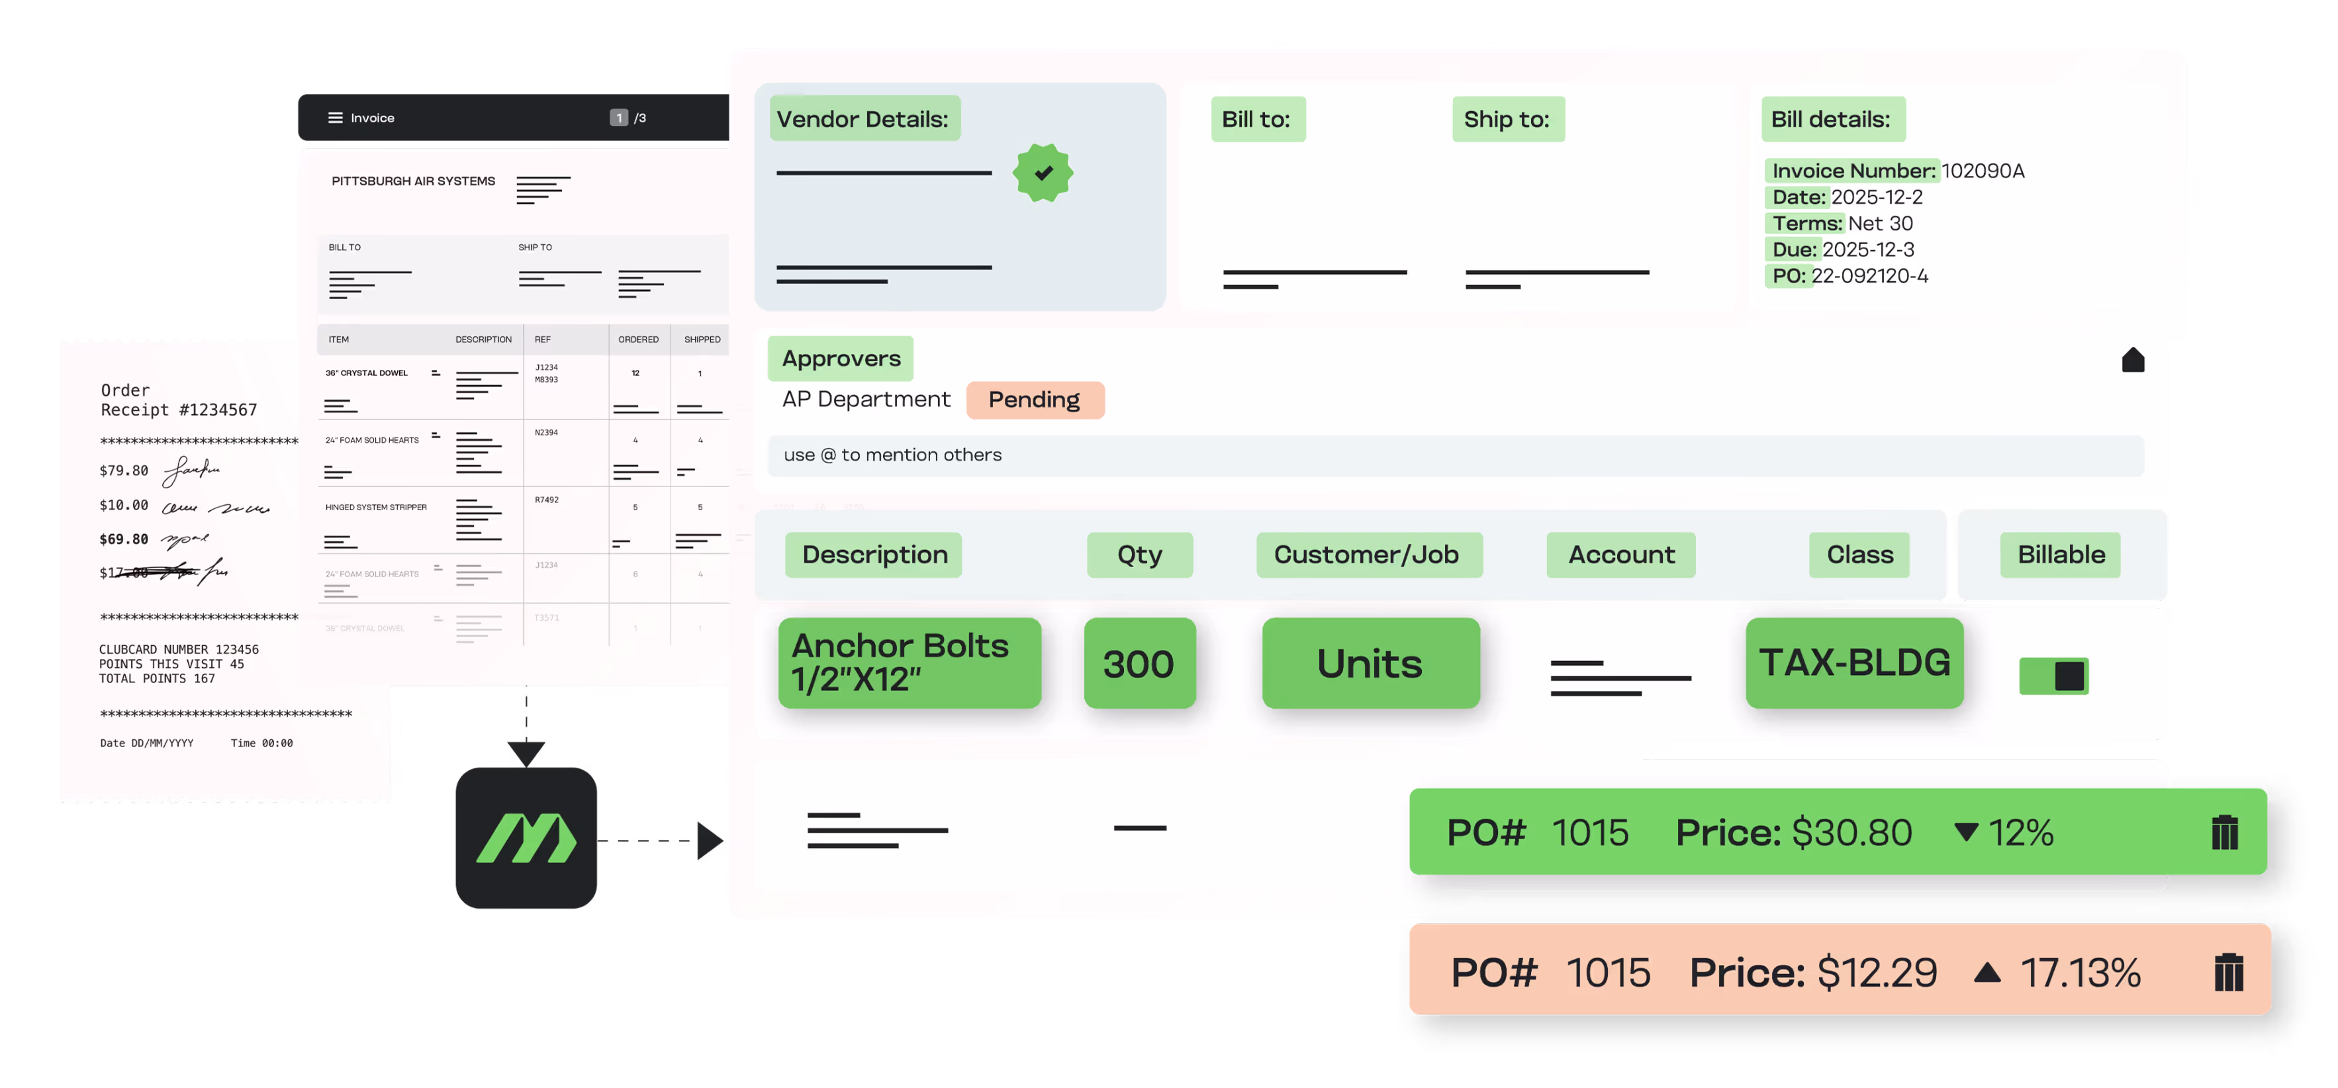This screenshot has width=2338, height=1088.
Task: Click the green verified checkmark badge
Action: click(1043, 173)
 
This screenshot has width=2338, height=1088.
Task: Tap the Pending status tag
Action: click(1035, 400)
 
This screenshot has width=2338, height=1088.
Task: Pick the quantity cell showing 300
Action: click(1139, 663)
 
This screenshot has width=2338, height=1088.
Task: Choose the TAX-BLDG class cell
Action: click(1854, 662)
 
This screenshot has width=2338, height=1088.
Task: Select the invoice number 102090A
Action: click(1983, 171)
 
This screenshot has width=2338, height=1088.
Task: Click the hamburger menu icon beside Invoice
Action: click(335, 118)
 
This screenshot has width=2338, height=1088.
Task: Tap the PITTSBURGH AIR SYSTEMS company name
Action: click(413, 181)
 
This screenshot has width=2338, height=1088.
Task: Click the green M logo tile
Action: click(526, 838)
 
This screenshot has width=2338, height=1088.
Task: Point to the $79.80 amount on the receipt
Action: click(123, 470)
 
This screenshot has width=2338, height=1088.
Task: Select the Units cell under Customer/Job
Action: click(1370, 663)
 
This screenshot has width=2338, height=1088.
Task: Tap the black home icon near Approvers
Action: click(2133, 360)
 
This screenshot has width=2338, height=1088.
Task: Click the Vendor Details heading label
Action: click(863, 119)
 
